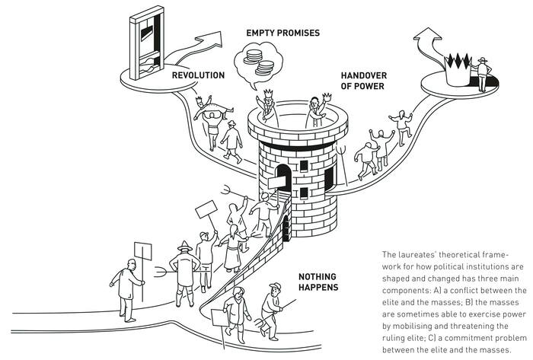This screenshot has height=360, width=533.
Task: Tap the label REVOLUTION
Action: [x=197, y=75]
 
